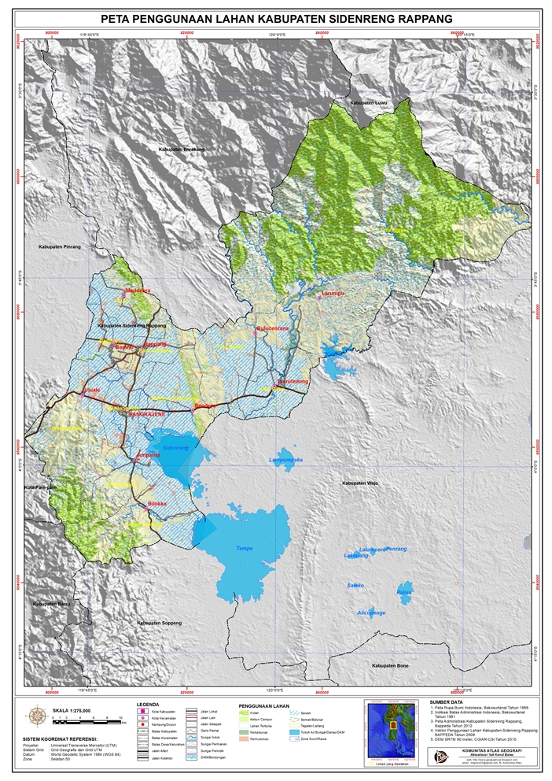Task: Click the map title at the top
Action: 277,17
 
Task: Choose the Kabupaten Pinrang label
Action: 59,246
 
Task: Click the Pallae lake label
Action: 404,591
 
